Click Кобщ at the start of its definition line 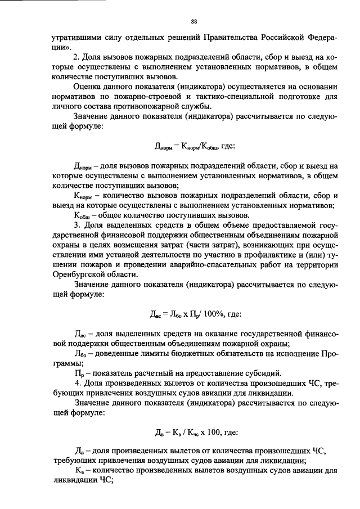[x=83, y=215]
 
